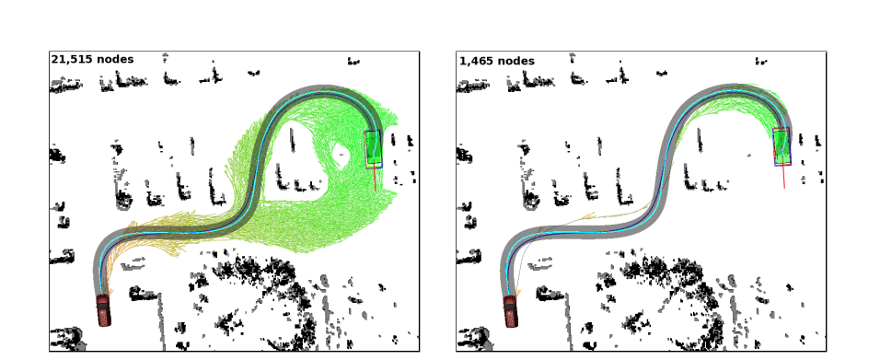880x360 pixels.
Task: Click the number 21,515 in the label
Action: (x=72, y=59)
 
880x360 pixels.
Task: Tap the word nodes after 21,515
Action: (x=115, y=59)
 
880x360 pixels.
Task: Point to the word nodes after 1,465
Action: (x=515, y=61)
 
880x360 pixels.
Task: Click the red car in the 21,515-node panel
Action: (x=103, y=310)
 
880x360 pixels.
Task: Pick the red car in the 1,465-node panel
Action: (x=510, y=311)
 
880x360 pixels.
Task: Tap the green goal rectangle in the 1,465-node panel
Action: (x=782, y=145)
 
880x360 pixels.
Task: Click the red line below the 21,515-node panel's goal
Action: (x=375, y=179)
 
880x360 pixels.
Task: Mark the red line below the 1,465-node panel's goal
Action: (x=783, y=177)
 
